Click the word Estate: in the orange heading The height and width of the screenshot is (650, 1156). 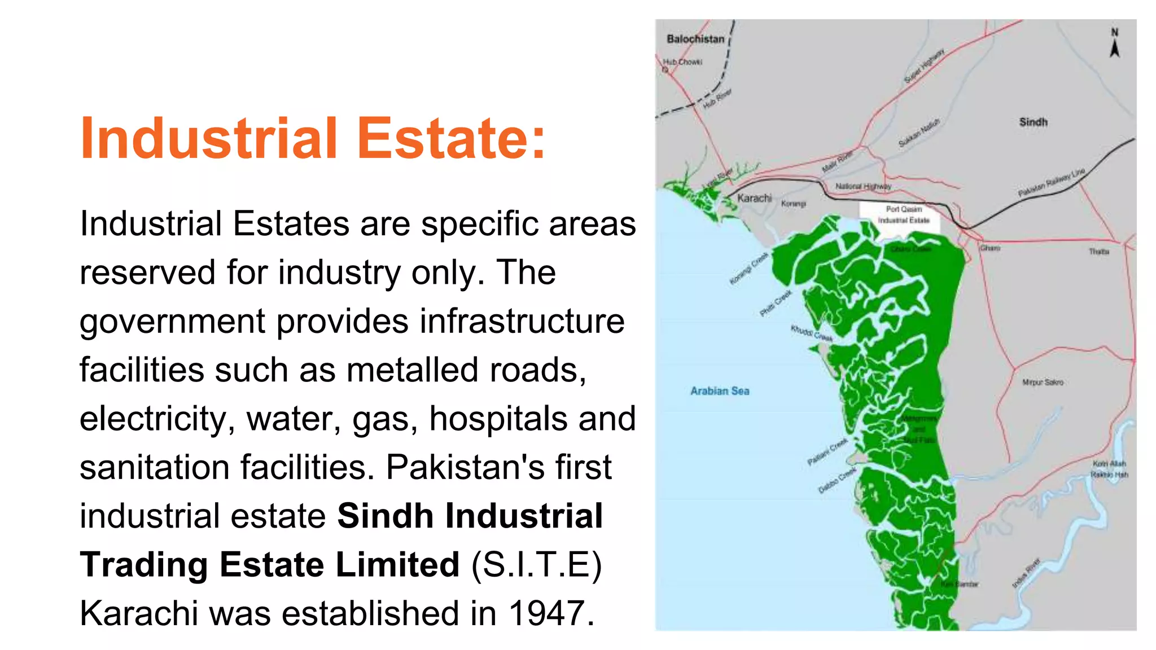pyautogui.click(x=452, y=138)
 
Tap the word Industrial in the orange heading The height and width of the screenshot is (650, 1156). pyautogui.click(x=209, y=138)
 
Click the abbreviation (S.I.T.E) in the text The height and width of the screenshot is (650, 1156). pyautogui.click(x=536, y=565)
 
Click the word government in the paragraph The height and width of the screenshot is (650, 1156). pyautogui.click(x=172, y=322)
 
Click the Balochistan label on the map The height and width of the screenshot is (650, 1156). pyautogui.click(x=695, y=39)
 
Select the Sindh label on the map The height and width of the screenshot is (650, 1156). pyautogui.click(x=1033, y=122)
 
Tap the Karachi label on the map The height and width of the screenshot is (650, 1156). pyautogui.click(x=754, y=198)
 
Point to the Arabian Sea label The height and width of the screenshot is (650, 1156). pyautogui.click(x=720, y=391)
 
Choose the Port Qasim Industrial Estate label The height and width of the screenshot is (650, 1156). pyautogui.click(x=903, y=214)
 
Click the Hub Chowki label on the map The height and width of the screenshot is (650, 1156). pyautogui.click(x=682, y=62)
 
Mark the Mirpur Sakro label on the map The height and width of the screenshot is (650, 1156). pyautogui.click(x=1043, y=383)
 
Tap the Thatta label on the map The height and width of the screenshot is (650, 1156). pyautogui.click(x=1099, y=252)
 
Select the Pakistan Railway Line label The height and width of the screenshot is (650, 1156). pyautogui.click(x=1051, y=182)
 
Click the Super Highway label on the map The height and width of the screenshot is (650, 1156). pyautogui.click(x=924, y=66)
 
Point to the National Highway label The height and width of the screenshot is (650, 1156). pyautogui.click(x=863, y=186)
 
